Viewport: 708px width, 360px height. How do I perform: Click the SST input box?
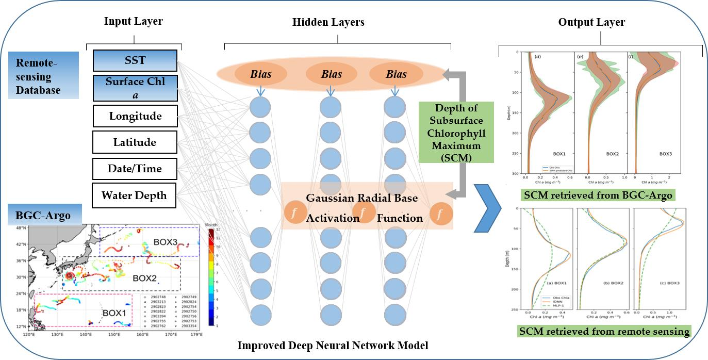tap(135, 60)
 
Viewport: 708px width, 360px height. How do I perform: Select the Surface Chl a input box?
tap(135, 88)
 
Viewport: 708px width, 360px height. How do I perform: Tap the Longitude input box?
tap(135, 116)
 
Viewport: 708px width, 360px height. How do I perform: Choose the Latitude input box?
tap(135, 142)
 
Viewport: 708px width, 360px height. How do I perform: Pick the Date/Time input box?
tap(135, 169)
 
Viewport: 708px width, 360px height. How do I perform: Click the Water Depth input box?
tap(134, 195)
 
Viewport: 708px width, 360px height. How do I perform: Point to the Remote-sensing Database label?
tap(43, 75)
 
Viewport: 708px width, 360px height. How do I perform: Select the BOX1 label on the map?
tap(115, 312)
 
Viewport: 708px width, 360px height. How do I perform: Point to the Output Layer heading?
tap(591, 22)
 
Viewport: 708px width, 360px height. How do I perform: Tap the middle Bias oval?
tap(332, 74)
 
